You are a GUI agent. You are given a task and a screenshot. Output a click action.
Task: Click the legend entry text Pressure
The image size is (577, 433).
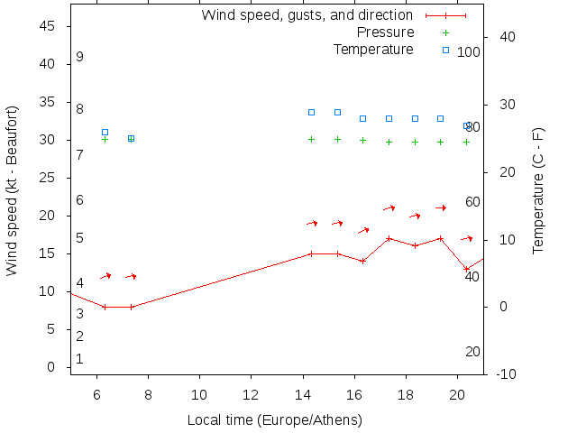coord(385,32)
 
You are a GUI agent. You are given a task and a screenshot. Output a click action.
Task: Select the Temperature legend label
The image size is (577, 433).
coord(373,49)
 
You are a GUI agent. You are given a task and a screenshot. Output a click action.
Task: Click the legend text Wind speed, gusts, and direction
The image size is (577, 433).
coord(307,15)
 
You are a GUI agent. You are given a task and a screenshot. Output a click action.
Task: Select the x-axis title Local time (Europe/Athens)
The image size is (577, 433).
coord(274,420)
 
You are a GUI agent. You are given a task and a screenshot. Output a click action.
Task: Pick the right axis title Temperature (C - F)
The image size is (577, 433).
coord(538,190)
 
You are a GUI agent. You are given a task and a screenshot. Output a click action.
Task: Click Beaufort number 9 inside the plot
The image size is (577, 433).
coord(80,57)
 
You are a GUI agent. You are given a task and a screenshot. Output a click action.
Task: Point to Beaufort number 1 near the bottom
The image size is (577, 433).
coord(80,359)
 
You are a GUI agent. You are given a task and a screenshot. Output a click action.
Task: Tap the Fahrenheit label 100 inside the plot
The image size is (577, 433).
coord(469,52)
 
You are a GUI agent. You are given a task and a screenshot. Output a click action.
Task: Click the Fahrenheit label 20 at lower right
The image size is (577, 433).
coord(472,352)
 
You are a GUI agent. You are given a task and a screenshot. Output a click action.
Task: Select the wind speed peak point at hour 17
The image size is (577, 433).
coord(389,239)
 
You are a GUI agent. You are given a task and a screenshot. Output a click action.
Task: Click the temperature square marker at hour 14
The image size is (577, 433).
coord(311,112)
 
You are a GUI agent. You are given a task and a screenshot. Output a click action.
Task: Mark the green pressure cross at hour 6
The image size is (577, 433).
coord(105,139)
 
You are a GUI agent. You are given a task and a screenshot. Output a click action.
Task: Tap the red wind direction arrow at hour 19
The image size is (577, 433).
coord(441,208)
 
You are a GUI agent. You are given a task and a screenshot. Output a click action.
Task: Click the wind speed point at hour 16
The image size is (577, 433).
coord(362,261)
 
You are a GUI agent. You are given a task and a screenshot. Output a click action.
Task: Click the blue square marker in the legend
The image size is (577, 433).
coord(445,50)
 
